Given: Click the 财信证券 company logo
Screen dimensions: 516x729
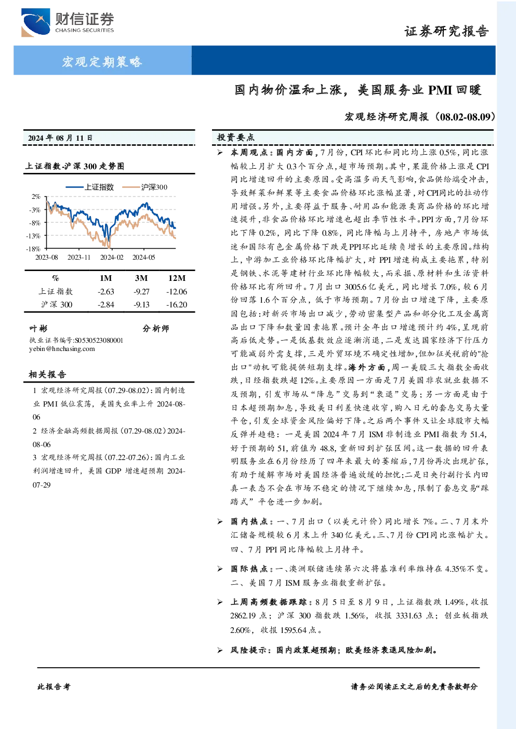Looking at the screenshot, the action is point(68,22).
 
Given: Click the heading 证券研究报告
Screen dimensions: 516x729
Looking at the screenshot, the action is point(446,31).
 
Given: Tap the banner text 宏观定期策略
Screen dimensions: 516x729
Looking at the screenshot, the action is point(102,61).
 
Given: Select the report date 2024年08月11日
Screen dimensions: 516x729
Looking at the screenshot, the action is point(60,138).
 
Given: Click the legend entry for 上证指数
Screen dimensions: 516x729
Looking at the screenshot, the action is point(90,187).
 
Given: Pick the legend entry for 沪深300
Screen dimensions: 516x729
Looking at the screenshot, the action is point(145,187).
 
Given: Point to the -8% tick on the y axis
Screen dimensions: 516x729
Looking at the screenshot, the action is point(36,223).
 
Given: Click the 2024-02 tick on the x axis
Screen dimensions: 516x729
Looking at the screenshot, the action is point(112,257).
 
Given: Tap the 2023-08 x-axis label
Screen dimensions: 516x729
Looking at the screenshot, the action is point(47,257).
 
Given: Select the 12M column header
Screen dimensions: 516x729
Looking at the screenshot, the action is point(177,278).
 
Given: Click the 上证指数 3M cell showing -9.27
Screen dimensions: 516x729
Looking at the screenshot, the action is point(141,292).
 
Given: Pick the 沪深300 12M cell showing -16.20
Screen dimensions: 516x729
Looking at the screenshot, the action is point(177,305).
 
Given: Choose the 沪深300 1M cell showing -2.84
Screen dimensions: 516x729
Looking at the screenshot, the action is point(106,305).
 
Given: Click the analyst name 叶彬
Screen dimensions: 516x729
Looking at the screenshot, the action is point(38,328).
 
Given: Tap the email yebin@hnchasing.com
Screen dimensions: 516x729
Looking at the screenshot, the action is point(62,349).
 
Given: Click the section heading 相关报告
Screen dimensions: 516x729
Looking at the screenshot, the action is point(48,374).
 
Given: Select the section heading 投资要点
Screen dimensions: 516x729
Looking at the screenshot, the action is point(236,138).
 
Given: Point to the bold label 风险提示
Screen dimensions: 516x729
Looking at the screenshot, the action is point(249,650).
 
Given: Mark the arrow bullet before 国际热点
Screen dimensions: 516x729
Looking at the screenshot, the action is point(220,569).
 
